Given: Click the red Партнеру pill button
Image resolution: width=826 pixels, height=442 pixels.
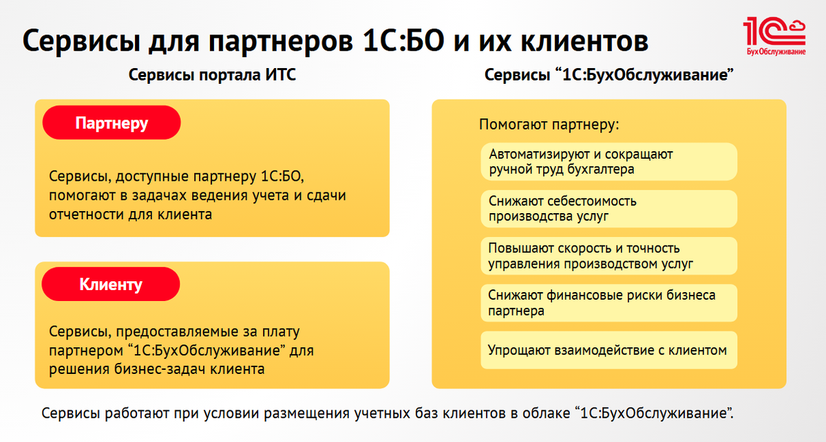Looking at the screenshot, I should pos(112,123).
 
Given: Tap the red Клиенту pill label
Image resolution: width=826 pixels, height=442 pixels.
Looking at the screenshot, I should pos(111,284).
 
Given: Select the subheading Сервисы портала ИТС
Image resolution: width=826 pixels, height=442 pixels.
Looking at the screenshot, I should pos(213,76).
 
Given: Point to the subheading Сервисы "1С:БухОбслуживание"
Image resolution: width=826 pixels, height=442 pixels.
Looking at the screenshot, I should pos(607,76).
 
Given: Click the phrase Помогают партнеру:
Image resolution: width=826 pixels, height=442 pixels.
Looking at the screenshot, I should pos(549,126).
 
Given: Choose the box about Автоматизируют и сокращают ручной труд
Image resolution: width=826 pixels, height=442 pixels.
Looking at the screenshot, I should pos(608,162).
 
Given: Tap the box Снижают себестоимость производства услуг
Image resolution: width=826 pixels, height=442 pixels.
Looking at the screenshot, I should pos(608,209).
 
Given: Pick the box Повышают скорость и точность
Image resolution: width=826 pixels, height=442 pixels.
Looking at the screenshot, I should pos(608,256).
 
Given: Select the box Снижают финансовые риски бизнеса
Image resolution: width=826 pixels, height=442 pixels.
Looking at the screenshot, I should pos(608,303).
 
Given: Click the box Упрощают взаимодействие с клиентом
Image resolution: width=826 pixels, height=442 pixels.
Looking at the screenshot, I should pos(608,351).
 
